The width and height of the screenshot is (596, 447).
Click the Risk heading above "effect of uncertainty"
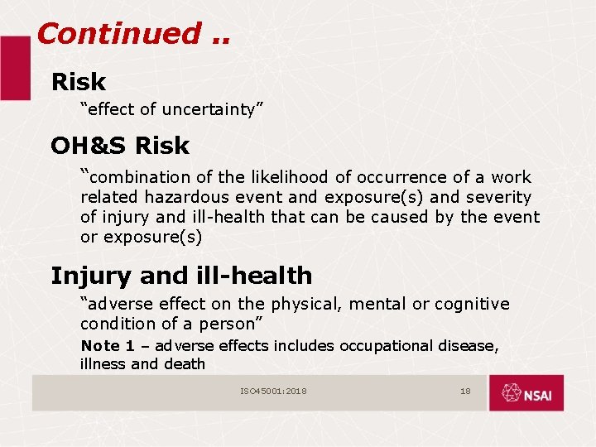tap(79, 82)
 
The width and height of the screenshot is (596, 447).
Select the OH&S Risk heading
tap(120, 146)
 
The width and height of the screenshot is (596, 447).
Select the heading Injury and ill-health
tap(181, 275)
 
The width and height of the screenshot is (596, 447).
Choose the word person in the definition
tap(228, 324)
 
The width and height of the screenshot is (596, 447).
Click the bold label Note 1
tap(100, 345)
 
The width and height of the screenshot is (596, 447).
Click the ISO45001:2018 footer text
tap(273, 391)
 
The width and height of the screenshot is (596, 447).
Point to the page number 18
tap(465, 391)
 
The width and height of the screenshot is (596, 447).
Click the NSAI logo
tap(526, 393)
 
